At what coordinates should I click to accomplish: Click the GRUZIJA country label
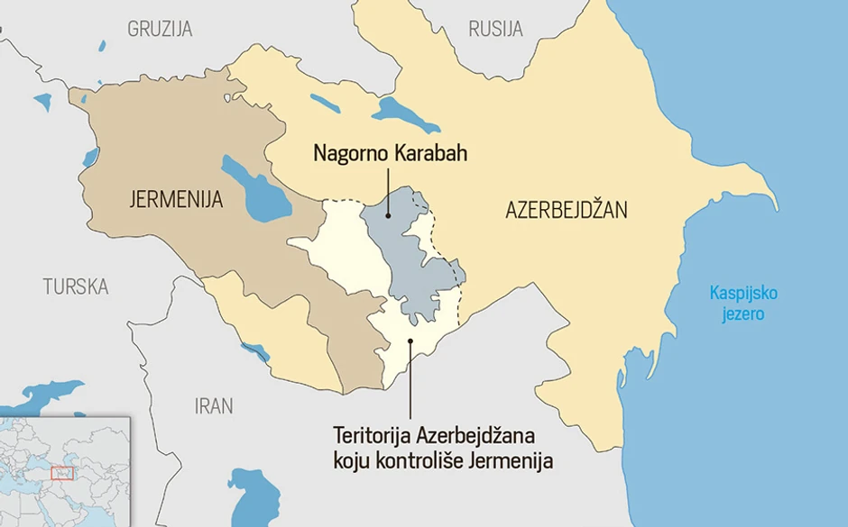coord(160,29)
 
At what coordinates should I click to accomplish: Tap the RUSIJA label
coord(495,29)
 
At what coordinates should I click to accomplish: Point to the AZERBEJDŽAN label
coord(566,211)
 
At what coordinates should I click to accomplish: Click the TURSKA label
coord(76,286)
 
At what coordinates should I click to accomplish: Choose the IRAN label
coord(214,405)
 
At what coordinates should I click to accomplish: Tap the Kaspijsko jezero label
coord(742,304)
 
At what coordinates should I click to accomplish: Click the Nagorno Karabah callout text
coord(391,153)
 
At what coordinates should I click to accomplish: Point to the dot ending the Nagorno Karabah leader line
coord(388,215)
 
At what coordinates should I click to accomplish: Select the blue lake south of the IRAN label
coord(251,495)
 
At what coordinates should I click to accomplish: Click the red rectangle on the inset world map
coord(62,472)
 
